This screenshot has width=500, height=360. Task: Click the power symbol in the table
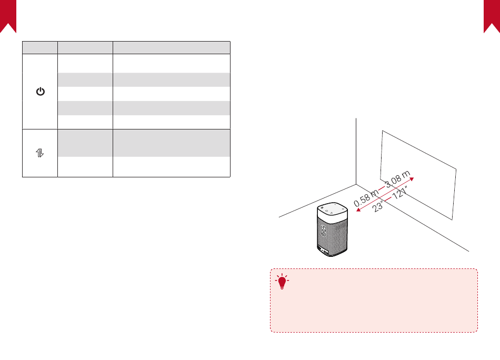pos(40,92)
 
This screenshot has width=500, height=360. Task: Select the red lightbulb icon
pos(283,283)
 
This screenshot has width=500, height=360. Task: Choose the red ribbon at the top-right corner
pos(492,16)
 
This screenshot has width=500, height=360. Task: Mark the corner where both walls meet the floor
pos(357,184)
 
